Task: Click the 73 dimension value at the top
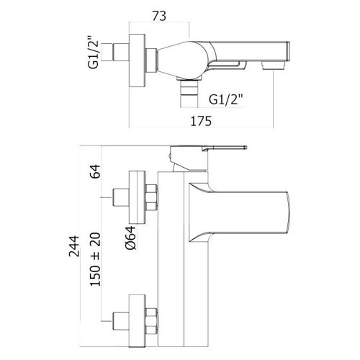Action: coord(159,16)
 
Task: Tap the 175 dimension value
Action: coord(201,121)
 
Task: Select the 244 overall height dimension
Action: coord(74,246)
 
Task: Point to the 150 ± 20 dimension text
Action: coord(95,259)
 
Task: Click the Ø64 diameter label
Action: coord(130,238)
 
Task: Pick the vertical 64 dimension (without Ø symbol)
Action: coord(95,171)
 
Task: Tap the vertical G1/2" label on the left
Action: coord(93,53)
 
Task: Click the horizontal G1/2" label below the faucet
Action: coord(226,99)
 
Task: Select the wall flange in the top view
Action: coord(138,60)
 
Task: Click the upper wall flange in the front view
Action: coord(138,197)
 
